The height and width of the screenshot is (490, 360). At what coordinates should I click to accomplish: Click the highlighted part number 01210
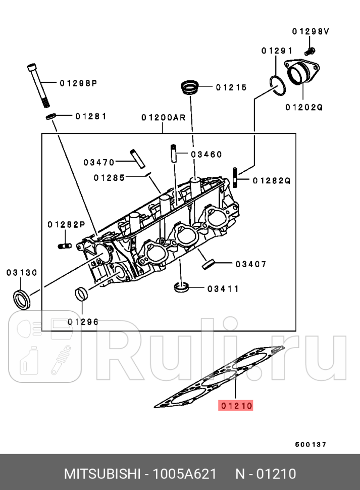pyautogui.click(x=235, y=405)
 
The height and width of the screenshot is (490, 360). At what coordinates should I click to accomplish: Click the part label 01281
pyautogui.click(x=91, y=116)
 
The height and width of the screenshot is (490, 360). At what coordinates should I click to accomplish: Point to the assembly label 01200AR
pyautogui.click(x=163, y=118)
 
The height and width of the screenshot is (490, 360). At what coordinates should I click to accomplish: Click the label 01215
pyautogui.click(x=231, y=87)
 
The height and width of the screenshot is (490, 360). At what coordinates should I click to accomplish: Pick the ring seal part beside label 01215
pyautogui.click(x=190, y=87)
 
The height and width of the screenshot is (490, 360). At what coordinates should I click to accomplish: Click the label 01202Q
pyautogui.click(x=303, y=107)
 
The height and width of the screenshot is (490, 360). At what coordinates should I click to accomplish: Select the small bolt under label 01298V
pyautogui.click(x=310, y=50)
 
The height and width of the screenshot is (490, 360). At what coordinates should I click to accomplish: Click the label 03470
pyautogui.click(x=99, y=162)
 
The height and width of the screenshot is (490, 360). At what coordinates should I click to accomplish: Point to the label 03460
pyautogui.click(x=206, y=154)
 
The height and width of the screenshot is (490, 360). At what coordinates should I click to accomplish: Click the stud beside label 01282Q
pyautogui.click(x=236, y=176)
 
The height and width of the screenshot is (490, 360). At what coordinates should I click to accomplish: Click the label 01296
pyautogui.click(x=83, y=322)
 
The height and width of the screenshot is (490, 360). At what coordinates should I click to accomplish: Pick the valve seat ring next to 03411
pyautogui.click(x=181, y=288)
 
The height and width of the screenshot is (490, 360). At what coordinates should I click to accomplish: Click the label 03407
pyautogui.click(x=250, y=264)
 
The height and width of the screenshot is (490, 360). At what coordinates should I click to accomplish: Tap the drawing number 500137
pyautogui.click(x=311, y=445)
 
